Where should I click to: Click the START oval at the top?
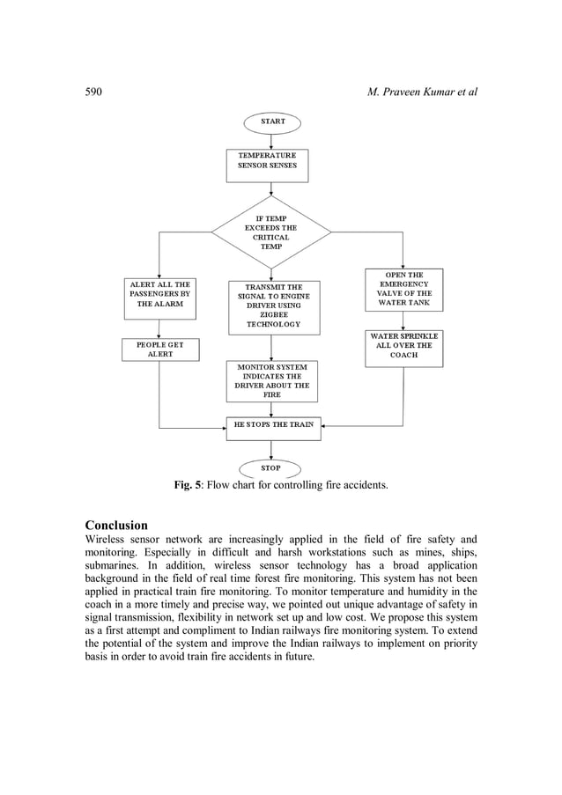(x=270, y=121)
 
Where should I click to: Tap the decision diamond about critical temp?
(x=271, y=232)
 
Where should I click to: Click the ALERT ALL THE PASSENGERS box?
(x=159, y=298)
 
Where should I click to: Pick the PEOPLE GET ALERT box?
(x=160, y=350)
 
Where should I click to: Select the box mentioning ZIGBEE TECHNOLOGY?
(x=273, y=305)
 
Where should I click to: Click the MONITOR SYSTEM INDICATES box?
(x=271, y=380)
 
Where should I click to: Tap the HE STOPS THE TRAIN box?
(x=273, y=427)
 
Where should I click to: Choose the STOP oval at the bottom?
(x=270, y=468)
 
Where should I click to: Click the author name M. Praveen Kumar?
(x=421, y=92)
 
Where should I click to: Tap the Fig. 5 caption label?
(x=187, y=485)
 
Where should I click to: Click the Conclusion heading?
(x=116, y=525)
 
